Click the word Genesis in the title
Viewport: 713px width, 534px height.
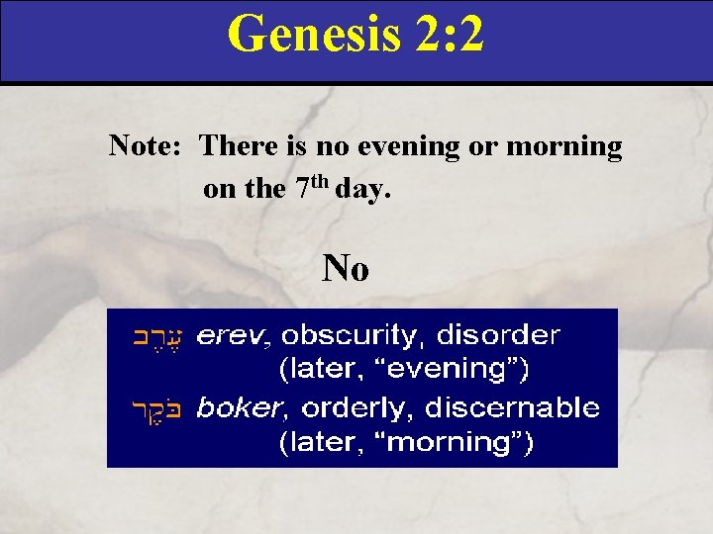309,34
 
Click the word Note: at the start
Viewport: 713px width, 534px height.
144,147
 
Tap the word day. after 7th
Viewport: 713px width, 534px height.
363,188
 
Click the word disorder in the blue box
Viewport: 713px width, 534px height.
498,337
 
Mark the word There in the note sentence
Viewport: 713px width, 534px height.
237,147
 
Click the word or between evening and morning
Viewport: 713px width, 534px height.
486,147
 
